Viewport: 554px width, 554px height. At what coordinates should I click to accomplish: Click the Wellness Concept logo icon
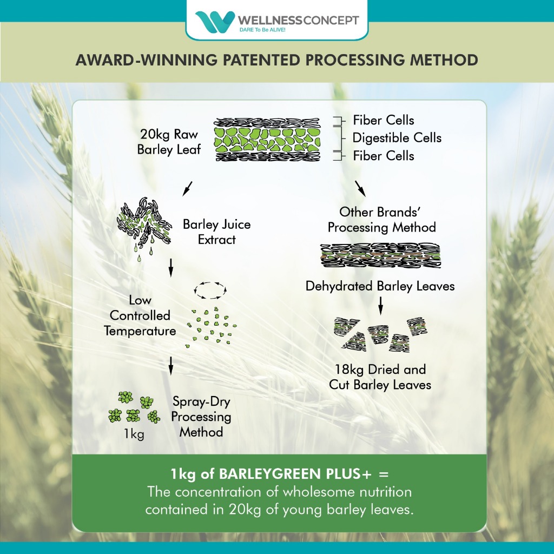coord(215,22)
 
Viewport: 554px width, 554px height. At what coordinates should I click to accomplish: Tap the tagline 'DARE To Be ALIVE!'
coord(262,30)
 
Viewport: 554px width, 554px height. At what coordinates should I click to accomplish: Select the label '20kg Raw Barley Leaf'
coord(169,142)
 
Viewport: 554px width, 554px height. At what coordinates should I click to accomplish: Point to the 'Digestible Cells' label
coord(397,138)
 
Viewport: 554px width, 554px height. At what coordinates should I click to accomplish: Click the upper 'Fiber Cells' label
coord(384,120)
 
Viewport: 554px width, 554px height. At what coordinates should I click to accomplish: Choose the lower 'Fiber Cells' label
coord(384,155)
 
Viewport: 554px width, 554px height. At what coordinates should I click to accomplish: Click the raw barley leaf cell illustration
coord(267,140)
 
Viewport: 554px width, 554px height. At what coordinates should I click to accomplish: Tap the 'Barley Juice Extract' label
coord(216,232)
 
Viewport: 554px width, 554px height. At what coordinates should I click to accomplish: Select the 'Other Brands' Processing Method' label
coord(381,220)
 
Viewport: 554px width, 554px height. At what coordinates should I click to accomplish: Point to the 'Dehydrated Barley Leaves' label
coord(380,286)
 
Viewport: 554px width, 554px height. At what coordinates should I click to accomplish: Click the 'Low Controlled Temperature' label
coord(140,315)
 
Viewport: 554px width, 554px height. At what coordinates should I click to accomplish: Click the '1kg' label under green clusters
coord(134,433)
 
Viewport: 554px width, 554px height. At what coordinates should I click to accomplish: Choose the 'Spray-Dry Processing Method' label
coord(201,417)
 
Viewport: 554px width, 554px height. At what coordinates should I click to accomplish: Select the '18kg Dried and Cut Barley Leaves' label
coord(380,377)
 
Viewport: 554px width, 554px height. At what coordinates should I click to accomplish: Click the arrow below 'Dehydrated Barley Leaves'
coord(380,306)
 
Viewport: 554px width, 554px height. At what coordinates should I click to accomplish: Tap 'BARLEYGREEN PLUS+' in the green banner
coord(295,474)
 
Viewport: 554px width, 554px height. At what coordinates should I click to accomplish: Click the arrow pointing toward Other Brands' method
coord(360,189)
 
